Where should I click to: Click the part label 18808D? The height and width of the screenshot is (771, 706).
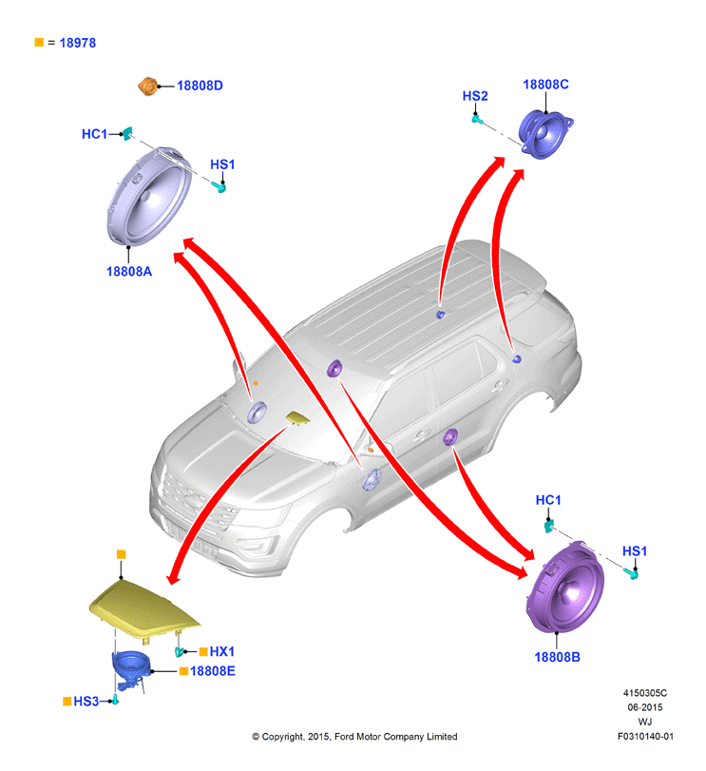pos(200,86)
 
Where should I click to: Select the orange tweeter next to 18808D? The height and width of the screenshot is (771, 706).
pos(147,87)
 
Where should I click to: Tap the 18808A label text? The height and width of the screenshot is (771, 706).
pos(129,272)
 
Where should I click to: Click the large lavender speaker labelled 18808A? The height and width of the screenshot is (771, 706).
pos(149,196)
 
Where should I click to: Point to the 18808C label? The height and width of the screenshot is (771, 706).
pos(545,85)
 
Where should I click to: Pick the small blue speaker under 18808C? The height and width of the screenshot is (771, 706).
pos(545,135)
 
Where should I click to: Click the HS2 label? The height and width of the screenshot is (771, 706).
pos(475,96)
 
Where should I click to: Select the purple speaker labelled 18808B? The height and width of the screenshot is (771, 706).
pos(565,588)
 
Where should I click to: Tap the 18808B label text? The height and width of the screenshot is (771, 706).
pos(557,657)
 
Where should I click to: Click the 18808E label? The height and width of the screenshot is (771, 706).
pos(212,671)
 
